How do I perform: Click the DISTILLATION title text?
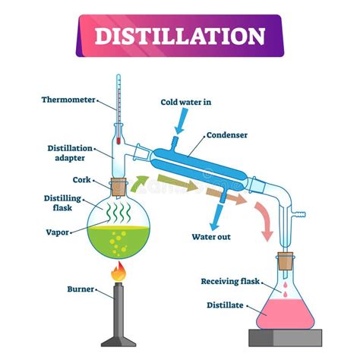[179, 36]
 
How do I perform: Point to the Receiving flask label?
[230, 281]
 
